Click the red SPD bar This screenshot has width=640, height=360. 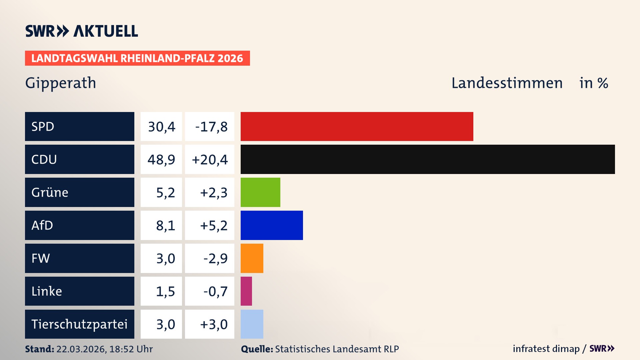pyautogui.click(x=357, y=126)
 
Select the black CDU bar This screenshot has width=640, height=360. pyautogui.click(x=428, y=159)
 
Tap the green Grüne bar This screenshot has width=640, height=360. pyautogui.click(x=260, y=192)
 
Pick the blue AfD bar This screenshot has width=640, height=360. pyautogui.click(x=272, y=225)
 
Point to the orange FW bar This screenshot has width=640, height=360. pyautogui.click(x=252, y=258)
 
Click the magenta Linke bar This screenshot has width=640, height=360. pyautogui.click(x=246, y=291)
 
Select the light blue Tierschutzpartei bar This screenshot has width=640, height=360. pyautogui.click(x=252, y=324)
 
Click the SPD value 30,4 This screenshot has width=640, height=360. pyautogui.click(x=161, y=127)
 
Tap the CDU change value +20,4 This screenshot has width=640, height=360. pyautogui.click(x=210, y=160)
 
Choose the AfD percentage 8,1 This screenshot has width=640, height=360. pyautogui.click(x=165, y=226)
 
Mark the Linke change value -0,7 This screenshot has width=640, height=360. pyautogui.click(x=215, y=291)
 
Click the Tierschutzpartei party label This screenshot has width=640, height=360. pyautogui.click(x=79, y=324)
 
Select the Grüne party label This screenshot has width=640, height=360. pyautogui.click(x=50, y=192)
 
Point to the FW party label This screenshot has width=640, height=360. pyautogui.click(x=41, y=258)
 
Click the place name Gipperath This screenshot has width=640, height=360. pyautogui.click(x=61, y=83)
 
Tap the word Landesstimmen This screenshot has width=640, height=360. pyautogui.click(x=507, y=83)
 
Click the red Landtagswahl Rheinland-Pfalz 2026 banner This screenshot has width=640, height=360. pyautogui.click(x=137, y=58)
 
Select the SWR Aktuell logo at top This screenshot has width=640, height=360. pyautogui.click(x=82, y=31)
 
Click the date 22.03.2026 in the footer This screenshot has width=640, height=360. pyautogui.click(x=81, y=349)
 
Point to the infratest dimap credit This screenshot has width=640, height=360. pyautogui.click(x=546, y=349)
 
